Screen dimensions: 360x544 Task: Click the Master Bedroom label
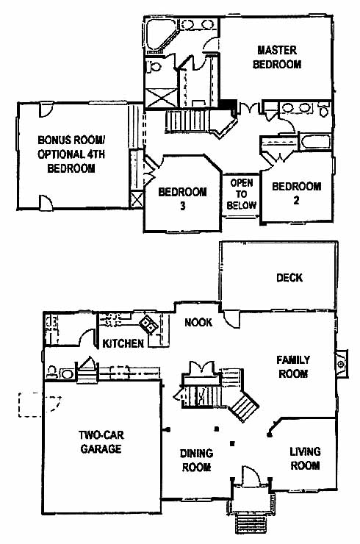tap(277, 57)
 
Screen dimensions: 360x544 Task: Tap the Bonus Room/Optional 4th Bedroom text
tap(71, 154)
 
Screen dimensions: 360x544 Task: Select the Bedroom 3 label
tap(182, 198)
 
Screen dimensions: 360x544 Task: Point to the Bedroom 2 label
tap(296, 193)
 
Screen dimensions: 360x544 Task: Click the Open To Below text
tap(242, 194)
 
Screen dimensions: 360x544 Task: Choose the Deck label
tap(289, 278)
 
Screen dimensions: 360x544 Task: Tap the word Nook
tap(198, 323)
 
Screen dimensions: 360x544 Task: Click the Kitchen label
tap(123, 343)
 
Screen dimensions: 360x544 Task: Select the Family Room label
tap(293, 367)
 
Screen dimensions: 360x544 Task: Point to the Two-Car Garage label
tap(101, 442)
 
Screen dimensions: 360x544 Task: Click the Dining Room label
tap(196, 460)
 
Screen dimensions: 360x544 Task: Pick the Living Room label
tap(305, 458)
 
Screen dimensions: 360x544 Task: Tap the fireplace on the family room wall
tap(342, 364)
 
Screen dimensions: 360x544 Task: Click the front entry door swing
tap(251, 475)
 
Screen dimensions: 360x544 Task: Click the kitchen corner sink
tap(149, 325)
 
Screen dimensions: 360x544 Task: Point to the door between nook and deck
tap(231, 318)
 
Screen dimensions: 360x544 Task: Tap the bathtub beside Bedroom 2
tap(315, 142)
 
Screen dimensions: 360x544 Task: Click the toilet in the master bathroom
tap(152, 66)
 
